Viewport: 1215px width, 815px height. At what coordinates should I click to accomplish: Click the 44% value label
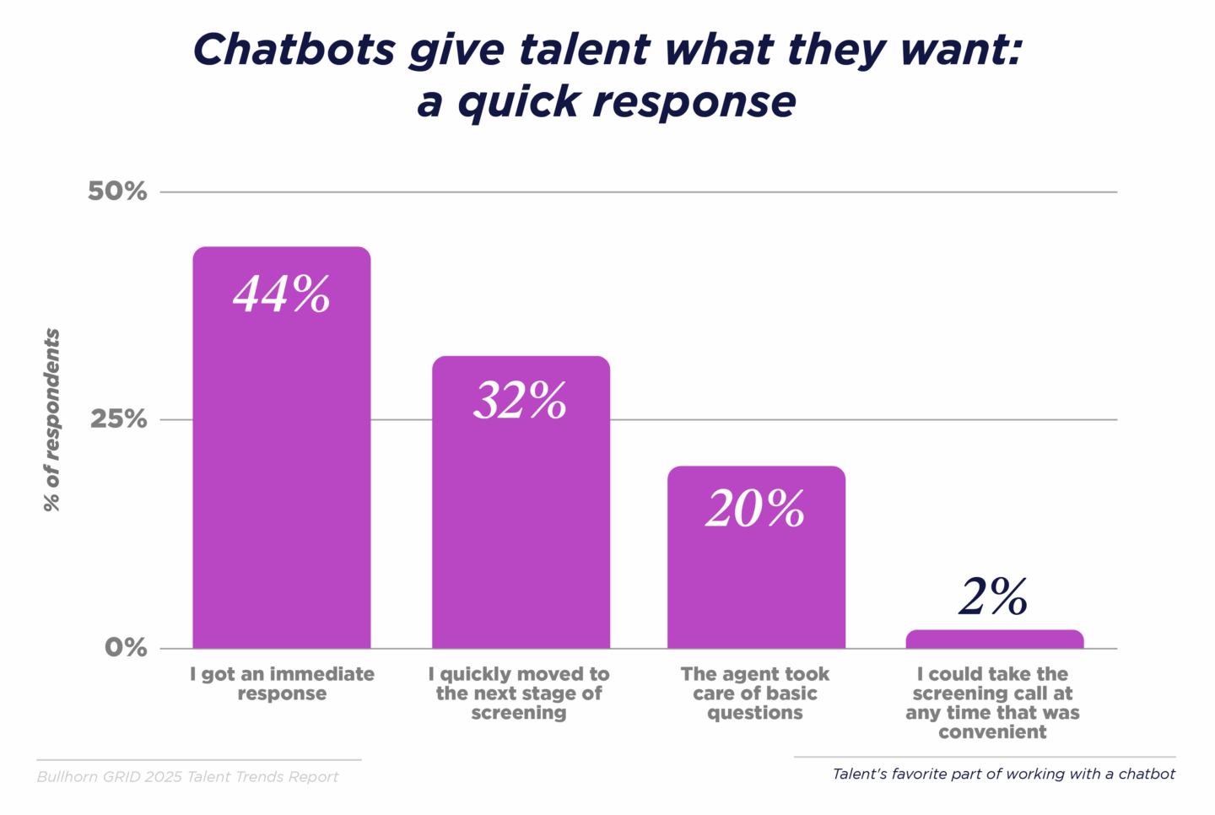point(281,294)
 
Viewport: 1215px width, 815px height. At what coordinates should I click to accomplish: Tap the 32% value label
point(520,401)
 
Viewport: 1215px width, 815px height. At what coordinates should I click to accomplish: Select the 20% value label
point(755,510)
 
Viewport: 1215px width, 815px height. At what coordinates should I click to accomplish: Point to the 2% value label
point(993,597)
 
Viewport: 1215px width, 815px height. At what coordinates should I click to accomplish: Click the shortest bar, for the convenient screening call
point(994,640)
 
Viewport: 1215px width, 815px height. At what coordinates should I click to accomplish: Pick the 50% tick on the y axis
point(117,192)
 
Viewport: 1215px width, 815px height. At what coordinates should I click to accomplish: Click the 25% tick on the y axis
point(118,419)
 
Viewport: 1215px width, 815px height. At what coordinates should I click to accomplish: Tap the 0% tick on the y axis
point(126,648)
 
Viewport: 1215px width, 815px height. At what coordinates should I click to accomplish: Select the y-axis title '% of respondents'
point(52,420)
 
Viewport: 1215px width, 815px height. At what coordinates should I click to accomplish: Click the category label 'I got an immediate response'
point(282,683)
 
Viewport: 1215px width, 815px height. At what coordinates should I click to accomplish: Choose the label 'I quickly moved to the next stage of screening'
point(519,693)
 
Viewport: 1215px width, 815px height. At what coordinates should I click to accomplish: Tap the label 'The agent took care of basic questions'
point(755,693)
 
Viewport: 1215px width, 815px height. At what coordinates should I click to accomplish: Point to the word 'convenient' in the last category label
point(992,732)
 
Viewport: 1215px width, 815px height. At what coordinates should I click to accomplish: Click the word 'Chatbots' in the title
point(294,50)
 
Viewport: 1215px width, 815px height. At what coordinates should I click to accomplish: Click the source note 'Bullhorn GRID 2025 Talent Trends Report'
point(187,777)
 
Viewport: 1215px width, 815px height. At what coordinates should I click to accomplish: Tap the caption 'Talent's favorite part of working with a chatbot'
point(1003,774)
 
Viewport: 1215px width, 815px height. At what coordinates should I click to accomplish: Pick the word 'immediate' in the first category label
point(321,674)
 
